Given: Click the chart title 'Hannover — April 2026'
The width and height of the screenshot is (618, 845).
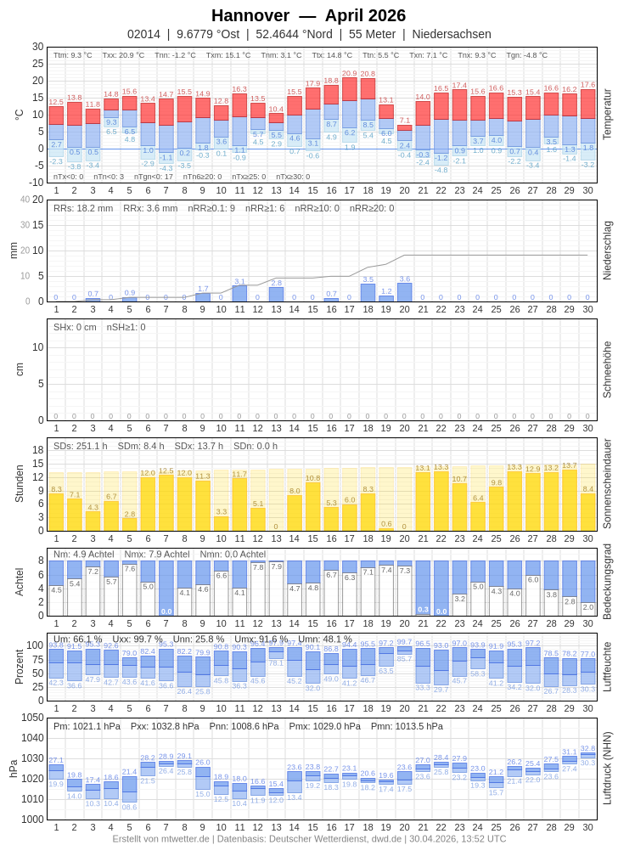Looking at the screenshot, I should tap(308, 15).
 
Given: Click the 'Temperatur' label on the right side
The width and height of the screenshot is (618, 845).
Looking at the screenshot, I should tap(607, 114).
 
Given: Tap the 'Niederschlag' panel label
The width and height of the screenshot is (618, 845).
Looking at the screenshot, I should tap(607, 251).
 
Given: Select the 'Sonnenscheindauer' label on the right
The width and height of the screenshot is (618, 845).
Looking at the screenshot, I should tap(607, 484).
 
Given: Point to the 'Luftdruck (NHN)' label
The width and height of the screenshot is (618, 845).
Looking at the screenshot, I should tap(607, 768).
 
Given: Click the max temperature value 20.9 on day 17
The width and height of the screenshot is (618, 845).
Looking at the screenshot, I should tap(350, 73).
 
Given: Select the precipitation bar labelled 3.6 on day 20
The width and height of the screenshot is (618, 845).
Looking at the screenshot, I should tap(405, 292).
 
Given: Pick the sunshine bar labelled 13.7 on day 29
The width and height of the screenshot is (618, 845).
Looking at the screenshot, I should tap(570, 501).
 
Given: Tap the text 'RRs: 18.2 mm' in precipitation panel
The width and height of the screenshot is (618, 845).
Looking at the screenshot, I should tap(83, 208).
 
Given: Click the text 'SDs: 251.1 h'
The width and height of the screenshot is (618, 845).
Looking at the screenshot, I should tap(81, 446).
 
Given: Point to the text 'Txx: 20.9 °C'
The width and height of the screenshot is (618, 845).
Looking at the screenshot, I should tap(123, 55).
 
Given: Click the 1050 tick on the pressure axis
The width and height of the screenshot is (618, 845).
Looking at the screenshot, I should tap(32, 718).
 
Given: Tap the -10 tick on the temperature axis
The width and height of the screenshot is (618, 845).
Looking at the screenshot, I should tap(37, 182).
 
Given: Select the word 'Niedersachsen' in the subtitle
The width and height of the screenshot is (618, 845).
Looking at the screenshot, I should tap(452, 34).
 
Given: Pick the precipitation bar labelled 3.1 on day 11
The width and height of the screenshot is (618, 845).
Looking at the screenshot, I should tap(239, 293).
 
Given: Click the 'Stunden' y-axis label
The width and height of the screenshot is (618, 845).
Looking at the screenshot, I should tap(20, 483).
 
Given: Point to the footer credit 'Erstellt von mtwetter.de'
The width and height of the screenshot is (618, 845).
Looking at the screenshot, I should tap(160, 838).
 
